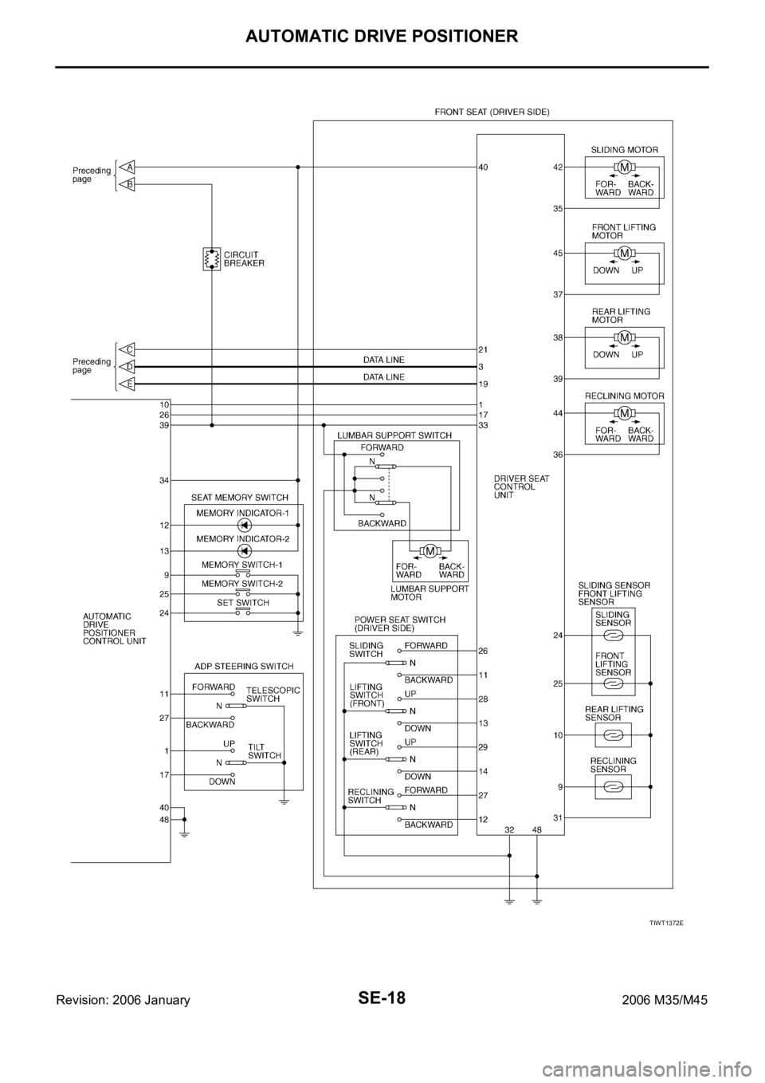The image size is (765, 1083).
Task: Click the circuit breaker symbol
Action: tap(212, 259)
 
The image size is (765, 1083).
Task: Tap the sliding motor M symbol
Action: tap(625, 167)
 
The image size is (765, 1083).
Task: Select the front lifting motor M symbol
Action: tap(625, 253)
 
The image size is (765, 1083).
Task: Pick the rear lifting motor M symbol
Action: tap(625, 337)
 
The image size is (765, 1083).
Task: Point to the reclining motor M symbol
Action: tap(625, 412)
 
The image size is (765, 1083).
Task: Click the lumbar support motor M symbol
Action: tap(430, 550)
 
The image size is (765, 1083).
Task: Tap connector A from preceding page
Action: tap(129, 167)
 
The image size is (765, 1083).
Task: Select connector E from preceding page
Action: tap(129, 384)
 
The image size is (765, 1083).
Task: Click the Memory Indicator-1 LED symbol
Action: tap(245, 526)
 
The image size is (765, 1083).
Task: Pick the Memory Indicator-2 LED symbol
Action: tap(245, 550)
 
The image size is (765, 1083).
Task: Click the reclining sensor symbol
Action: tap(613, 786)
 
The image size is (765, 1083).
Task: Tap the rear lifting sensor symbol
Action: tap(613, 734)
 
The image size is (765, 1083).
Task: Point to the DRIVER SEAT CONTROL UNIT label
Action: tap(515, 486)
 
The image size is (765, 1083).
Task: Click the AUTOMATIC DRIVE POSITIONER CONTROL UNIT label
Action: tap(115, 628)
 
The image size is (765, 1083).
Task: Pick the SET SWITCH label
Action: tap(243, 602)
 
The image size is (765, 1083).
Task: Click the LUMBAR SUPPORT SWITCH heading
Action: tap(394, 435)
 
